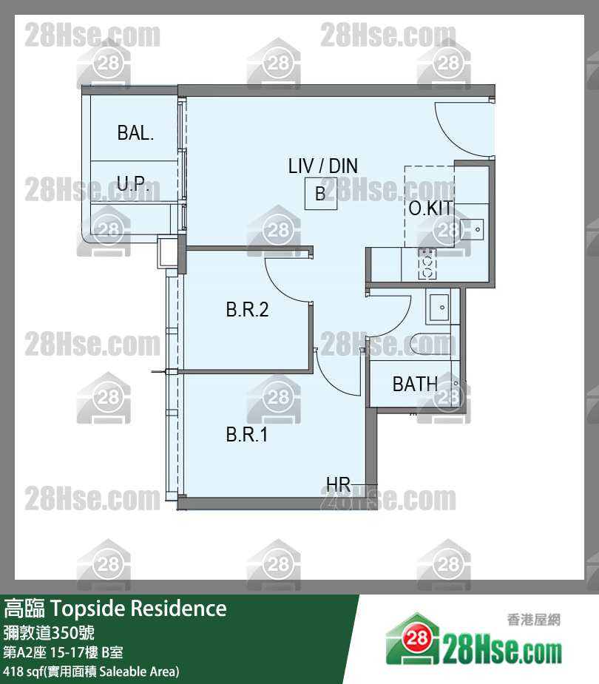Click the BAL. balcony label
135,132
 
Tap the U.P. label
132,183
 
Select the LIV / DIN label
323,166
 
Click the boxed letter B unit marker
321,194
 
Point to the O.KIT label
431,208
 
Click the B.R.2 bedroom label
247,309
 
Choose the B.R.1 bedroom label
246,435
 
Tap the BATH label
415,385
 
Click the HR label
338,484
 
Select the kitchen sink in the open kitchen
472,229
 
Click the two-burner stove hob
427,263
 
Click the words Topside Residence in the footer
139,609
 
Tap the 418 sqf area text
91,671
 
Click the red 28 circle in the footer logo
417,639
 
